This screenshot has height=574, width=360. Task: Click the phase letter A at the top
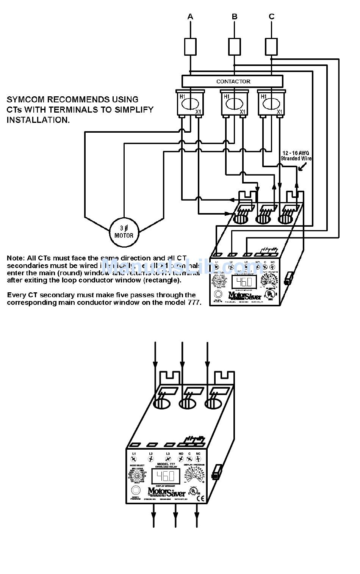(190, 16)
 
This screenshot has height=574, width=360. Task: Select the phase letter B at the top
(235, 16)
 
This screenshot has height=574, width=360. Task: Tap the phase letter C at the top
(271, 16)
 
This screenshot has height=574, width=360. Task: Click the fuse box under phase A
(190, 47)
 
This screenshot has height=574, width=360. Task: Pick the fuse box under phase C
(271, 47)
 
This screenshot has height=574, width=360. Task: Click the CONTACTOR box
(233, 81)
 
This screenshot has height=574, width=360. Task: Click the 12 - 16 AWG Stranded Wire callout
(296, 156)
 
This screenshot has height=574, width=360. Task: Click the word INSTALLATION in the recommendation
(38, 120)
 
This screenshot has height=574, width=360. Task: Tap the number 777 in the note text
(194, 303)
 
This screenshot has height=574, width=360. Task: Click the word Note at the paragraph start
(15, 258)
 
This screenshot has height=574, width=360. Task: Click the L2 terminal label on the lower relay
(150, 454)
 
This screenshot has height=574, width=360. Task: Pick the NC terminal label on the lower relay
(198, 454)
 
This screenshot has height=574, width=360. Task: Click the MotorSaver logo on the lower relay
(167, 492)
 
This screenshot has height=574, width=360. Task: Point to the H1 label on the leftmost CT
(183, 97)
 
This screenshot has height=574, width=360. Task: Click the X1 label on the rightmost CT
(279, 112)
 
